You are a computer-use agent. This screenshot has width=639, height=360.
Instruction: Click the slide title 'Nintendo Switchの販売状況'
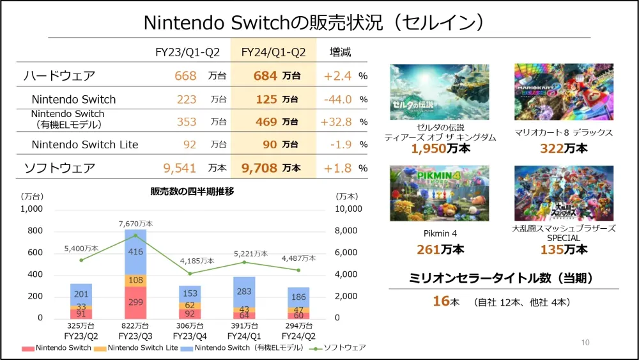[x=313, y=22]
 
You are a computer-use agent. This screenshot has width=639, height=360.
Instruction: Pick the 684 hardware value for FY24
[x=265, y=76]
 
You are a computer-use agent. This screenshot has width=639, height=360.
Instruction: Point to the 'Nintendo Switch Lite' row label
[x=85, y=145]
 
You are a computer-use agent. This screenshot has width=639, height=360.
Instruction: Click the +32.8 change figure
[x=337, y=121]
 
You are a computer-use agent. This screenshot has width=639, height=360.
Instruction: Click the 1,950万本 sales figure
[x=440, y=150]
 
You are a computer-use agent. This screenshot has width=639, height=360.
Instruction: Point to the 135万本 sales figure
[x=564, y=249]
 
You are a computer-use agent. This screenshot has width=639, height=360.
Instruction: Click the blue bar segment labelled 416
[x=135, y=252]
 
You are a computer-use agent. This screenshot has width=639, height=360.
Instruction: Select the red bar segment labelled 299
[x=135, y=302]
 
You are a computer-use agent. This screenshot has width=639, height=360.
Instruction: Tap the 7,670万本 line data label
[x=135, y=224]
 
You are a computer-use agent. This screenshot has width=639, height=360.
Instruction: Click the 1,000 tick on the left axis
[x=31, y=208]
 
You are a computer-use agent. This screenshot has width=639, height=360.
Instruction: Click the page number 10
[x=585, y=343]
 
